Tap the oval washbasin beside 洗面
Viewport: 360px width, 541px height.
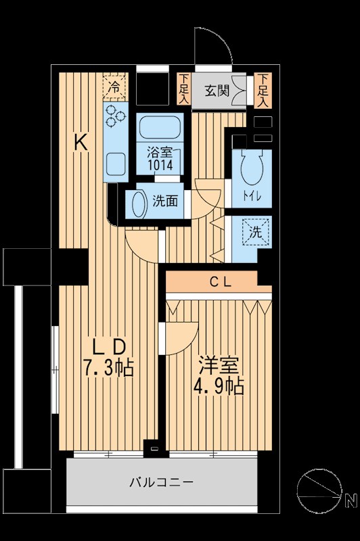pyautogui.click(x=138, y=204)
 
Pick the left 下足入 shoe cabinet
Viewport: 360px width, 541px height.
pyautogui.click(x=184, y=89)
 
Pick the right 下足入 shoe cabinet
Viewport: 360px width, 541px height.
pyautogui.click(x=263, y=90)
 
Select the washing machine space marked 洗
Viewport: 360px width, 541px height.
pyautogui.click(x=257, y=232)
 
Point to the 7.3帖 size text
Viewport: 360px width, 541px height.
pyautogui.click(x=108, y=369)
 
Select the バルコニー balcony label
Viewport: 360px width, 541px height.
pyautogui.click(x=162, y=482)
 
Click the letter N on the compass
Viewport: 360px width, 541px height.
pyautogui.click(x=350, y=501)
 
